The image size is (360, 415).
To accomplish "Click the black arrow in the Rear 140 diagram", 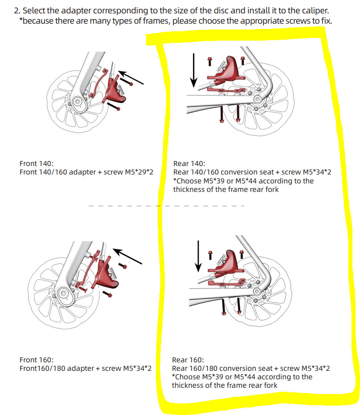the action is [194, 70].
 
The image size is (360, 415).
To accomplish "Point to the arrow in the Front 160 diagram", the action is [127, 256].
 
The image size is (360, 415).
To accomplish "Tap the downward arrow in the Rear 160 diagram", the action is [198, 256].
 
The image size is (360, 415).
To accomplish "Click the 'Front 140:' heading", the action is [37, 164].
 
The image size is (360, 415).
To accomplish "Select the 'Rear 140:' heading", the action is [189, 164].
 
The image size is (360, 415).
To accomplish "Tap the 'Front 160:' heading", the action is [37, 360].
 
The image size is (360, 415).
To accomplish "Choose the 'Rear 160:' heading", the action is [188, 360].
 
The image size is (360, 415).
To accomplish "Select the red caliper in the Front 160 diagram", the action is [105, 273].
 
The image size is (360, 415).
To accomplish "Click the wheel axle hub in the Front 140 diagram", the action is [78, 102].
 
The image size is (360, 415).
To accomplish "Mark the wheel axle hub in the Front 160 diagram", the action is [63, 293].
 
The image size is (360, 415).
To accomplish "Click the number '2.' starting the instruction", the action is [17, 11].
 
